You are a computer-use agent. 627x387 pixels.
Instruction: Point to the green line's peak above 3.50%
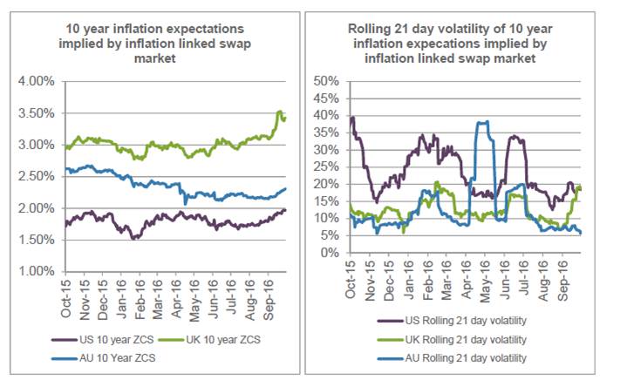tap(278, 112)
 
